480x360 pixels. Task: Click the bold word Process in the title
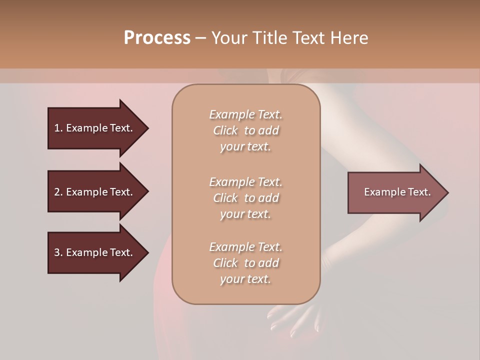pos(157,38)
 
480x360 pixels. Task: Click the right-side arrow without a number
pos(395,192)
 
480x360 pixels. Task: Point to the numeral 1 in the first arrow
pos(57,128)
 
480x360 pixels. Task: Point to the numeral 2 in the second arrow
pos(57,192)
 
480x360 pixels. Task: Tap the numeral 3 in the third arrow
pos(57,252)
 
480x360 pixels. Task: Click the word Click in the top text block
pos(225,130)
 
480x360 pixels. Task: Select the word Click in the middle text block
pos(225,198)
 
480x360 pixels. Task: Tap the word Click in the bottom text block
pos(225,263)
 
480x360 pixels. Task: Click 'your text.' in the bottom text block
pos(245,279)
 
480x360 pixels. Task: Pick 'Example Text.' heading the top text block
pos(245,114)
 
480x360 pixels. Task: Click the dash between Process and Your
pos(201,38)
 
